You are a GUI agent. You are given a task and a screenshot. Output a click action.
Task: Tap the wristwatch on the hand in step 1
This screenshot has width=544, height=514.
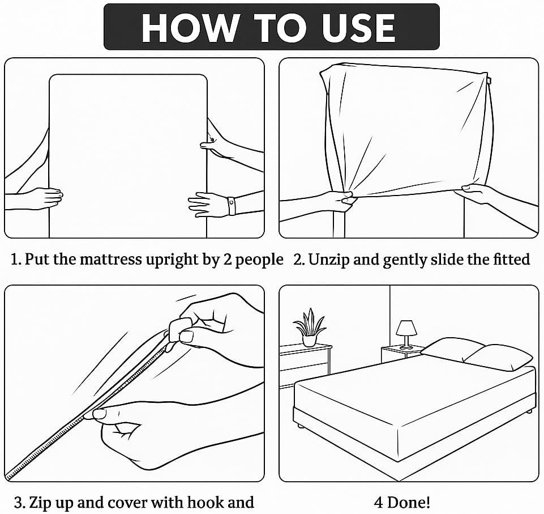coord(231,205)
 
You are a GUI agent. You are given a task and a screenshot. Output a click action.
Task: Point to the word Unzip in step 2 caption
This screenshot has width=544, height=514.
coord(330,260)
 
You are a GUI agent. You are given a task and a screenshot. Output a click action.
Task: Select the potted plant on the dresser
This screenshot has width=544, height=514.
coord(309,327)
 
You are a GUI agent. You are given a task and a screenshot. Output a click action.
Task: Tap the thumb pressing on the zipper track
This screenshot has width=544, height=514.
coord(102,414)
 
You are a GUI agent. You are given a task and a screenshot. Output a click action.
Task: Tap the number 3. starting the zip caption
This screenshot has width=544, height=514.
coord(20,502)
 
